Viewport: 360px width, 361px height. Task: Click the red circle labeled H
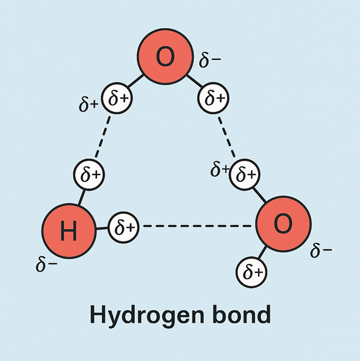(69, 231)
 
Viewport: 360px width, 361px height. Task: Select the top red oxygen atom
(165, 56)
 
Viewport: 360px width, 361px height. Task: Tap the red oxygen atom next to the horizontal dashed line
(283, 224)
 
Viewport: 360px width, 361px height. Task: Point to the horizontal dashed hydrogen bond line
(197, 226)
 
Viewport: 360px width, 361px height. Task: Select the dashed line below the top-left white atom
(103, 137)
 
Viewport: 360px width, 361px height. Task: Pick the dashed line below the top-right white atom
(226, 137)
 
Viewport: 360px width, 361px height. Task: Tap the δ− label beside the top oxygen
(210, 60)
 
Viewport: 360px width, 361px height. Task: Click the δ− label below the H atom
(46, 264)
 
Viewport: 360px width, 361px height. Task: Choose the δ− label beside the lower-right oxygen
(321, 250)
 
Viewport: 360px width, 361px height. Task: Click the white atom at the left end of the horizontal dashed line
(124, 227)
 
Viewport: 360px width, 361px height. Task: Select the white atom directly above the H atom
(89, 175)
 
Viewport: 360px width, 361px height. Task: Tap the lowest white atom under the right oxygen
(251, 272)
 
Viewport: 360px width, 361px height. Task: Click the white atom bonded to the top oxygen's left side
(117, 98)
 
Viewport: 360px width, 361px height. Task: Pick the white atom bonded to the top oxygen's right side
(213, 98)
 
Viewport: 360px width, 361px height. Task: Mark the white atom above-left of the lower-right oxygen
(245, 174)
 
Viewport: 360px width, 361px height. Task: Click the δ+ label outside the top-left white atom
(88, 105)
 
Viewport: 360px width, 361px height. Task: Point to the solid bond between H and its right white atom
(102, 228)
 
